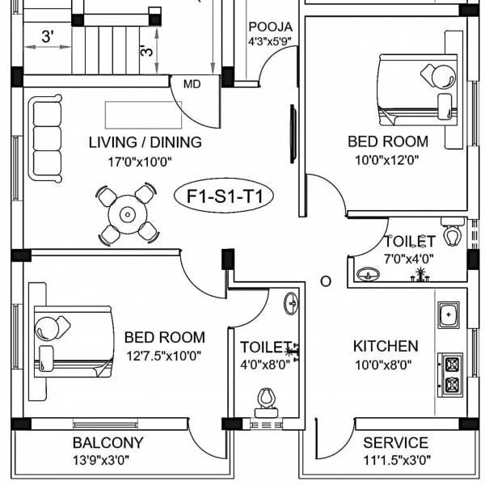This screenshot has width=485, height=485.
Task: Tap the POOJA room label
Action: point(270,27)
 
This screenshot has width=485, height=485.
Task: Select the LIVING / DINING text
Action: point(145,143)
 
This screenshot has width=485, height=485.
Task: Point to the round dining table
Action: point(127,215)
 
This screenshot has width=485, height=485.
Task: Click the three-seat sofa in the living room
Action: point(45,138)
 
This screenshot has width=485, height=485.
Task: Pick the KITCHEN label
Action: point(386,346)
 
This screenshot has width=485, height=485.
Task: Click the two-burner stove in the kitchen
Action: point(450,373)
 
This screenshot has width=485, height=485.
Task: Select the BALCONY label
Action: point(108,443)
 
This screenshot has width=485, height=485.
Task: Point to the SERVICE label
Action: point(395,443)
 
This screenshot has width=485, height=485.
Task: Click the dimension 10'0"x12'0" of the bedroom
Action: point(387,159)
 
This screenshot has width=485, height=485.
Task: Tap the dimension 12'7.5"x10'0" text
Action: point(164,355)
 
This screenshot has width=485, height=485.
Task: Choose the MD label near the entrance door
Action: point(192,84)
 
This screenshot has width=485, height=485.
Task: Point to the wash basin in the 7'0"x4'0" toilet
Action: point(369,275)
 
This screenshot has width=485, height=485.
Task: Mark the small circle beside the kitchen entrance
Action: point(326,281)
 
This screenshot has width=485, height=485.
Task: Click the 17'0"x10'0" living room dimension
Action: point(141,162)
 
